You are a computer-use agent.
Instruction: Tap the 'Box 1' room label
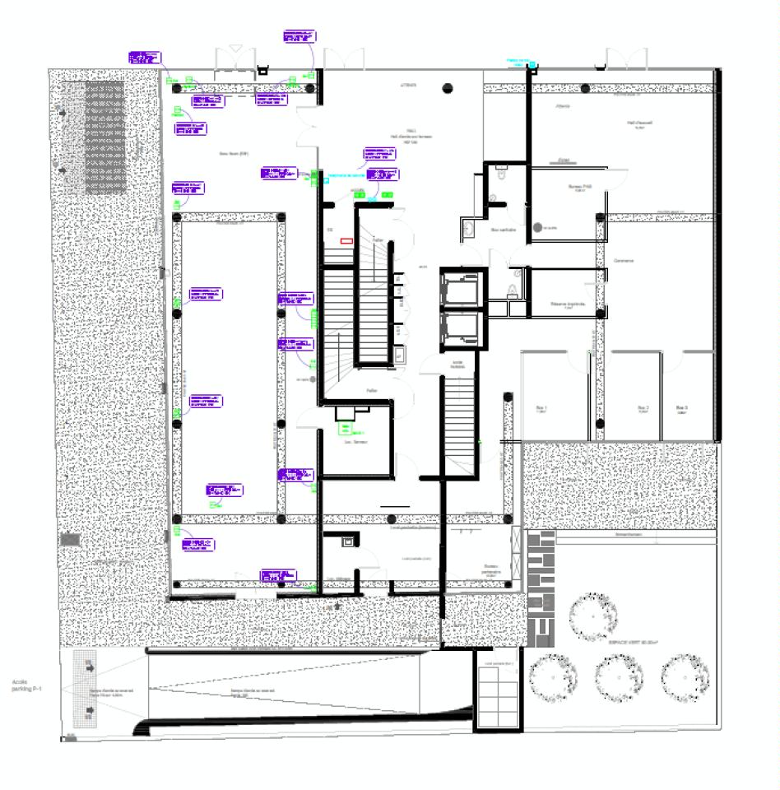[541, 408]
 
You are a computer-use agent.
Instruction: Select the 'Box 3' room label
[681, 408]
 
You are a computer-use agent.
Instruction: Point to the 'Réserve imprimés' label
[567, 304]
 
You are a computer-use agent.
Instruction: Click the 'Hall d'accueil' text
[638, 123]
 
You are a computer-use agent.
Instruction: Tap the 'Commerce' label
[623, 261]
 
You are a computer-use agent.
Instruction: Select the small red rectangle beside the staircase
[346, 241]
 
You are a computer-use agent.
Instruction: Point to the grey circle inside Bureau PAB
[537, 227]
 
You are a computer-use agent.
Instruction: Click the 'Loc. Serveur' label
[354, 442]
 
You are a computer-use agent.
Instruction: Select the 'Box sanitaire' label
[503, 230]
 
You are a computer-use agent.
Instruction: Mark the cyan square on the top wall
[532, 65]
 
